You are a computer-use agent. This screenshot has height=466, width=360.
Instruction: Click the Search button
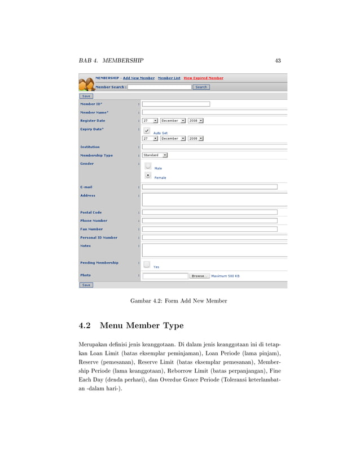201,87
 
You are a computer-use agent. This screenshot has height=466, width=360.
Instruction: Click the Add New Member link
139,78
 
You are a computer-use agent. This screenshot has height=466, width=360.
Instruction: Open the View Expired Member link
203,78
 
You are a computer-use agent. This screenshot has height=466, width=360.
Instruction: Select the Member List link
169,78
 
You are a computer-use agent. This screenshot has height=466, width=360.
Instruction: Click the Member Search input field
160,87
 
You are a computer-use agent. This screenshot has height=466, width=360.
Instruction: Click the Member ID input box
175,104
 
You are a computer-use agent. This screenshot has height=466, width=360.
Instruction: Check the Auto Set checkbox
147,130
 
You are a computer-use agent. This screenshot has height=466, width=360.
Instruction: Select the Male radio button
148,166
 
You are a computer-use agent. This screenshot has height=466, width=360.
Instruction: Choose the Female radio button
148,175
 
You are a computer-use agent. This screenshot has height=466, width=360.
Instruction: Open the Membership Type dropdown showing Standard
155,155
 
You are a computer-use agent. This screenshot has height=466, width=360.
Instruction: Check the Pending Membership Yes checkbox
147,264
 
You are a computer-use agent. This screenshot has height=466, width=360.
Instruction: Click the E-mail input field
209,187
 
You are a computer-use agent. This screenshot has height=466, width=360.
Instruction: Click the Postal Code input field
209,212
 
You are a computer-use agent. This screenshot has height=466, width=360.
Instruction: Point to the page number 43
278,60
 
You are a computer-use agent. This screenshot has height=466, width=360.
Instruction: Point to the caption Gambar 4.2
178,301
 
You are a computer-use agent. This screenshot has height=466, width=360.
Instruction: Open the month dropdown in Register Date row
172,121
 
